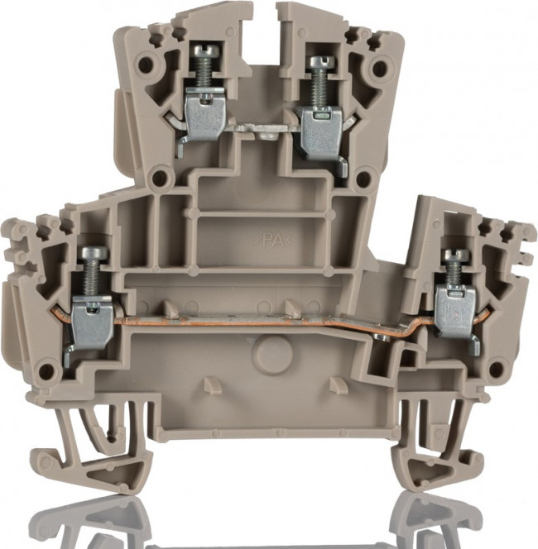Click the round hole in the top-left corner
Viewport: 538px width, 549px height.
[x=146, y=63]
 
